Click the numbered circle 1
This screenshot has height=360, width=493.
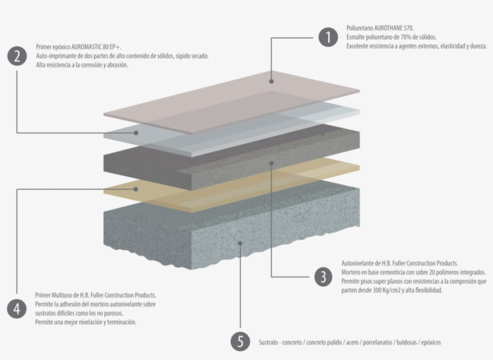tap(327, 37)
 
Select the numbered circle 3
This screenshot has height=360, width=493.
tap(323, 276)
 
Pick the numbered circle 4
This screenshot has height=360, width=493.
tap(17, 309)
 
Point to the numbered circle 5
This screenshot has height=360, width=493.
tap(240, 342)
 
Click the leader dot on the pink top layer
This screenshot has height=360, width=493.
tap(271, 81)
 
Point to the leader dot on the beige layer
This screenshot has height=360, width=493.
tap(137, 189)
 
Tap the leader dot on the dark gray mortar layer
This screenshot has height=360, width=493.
tap(271, 162)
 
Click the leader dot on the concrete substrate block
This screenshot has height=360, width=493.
tap(240, 243)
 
